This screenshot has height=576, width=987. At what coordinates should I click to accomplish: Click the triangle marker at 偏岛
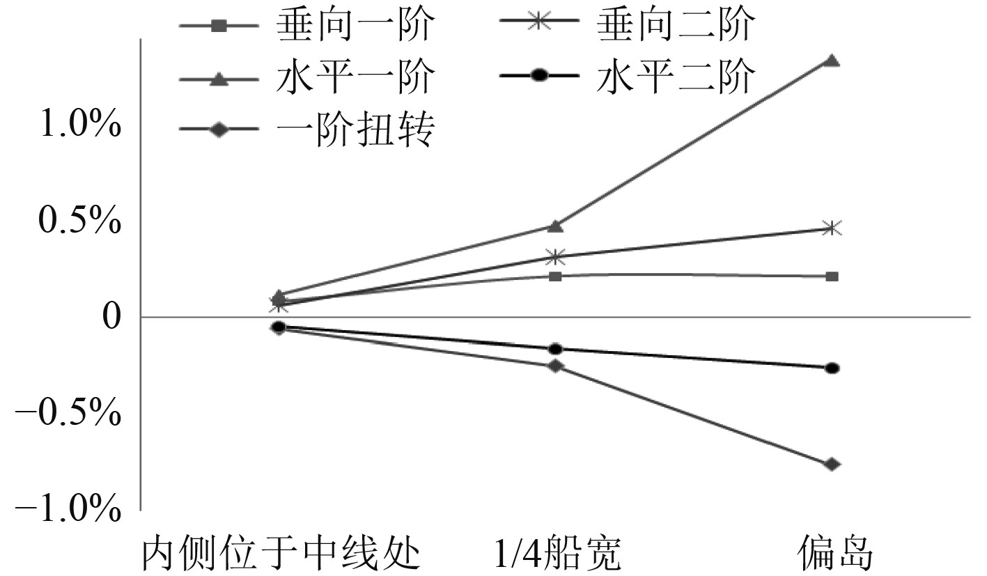point(831,61)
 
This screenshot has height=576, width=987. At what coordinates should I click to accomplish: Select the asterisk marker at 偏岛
point(831,228)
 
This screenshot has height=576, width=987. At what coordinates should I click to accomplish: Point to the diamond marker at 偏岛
point(831,465)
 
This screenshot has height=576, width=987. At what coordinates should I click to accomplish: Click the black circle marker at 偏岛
point(831,368)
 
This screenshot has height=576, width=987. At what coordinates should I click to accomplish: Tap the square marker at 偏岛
point(831,277)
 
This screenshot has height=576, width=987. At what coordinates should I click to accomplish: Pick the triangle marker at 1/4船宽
point(555,226)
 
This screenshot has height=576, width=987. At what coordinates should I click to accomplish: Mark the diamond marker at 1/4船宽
point(555,366)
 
